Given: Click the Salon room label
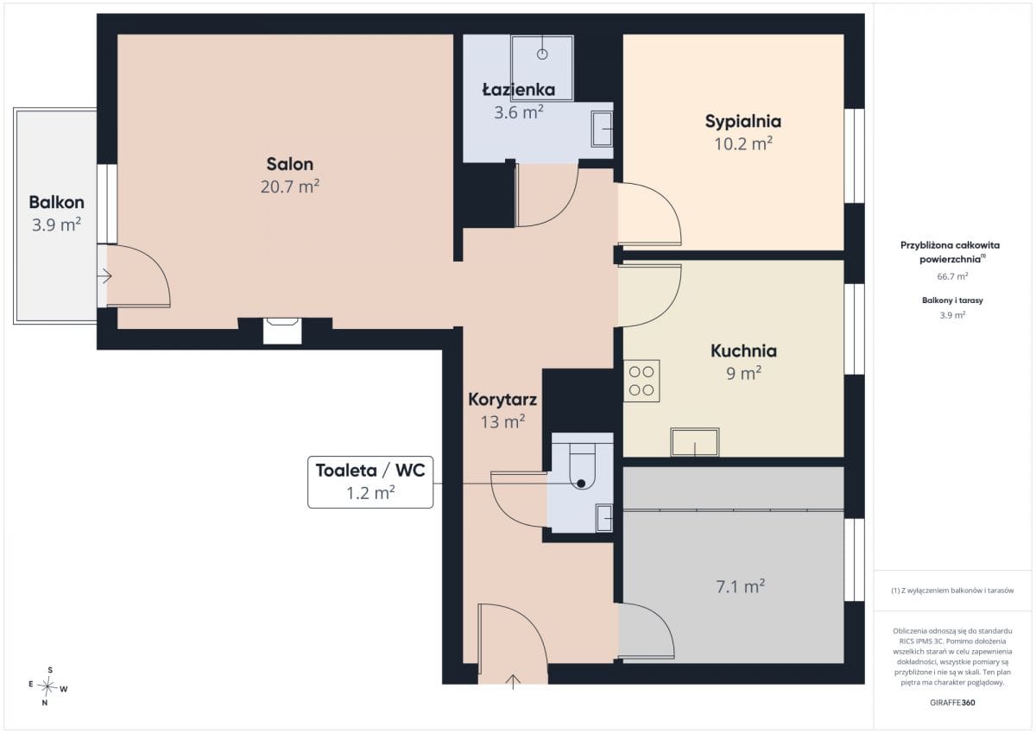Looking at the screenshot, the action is click(x=289, y=164).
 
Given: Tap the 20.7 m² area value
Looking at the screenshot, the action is click(x=289, y=186).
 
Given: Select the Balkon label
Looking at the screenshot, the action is click(x=56, y=202).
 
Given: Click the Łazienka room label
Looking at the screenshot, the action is click(x=519, y=89).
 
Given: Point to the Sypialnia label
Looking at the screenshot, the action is click(x=742, y=122).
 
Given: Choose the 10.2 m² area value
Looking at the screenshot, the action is click(x=742, y=144).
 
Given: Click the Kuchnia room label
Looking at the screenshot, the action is click(x=743, y=351).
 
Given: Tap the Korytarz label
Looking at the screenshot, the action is click(x=502, y=400).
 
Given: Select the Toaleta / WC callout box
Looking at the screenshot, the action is click(x=370, y=483).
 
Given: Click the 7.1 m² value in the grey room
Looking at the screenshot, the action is click(x=740, y=587).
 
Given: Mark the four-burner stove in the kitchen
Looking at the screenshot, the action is click(x=641, y=381).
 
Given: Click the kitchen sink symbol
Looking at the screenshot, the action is click(x=695, y=443).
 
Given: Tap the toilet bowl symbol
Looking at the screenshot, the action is click(x=582, y=469).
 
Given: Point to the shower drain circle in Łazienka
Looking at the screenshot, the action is click(x=542, y=54).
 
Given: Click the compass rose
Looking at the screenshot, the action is click(x=47, y=686).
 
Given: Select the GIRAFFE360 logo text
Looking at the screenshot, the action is click(x=952, y=703).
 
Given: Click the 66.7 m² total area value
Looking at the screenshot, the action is click(x=952, y=276).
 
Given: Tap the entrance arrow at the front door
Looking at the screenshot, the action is click(x=513, y=682).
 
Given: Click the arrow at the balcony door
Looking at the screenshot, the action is click(x=104, y=276).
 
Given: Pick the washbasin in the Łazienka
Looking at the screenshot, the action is click(x=603, y=129).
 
